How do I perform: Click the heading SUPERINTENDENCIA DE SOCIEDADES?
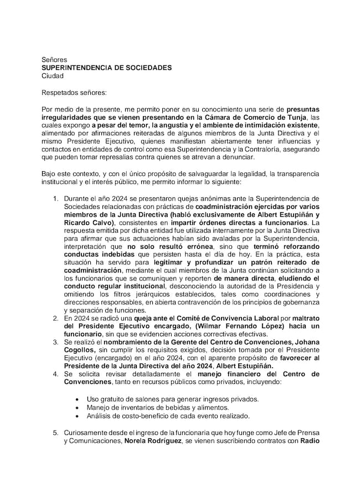point(106,68)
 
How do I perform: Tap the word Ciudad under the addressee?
point(53,76)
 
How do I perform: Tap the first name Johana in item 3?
point(306,342)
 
